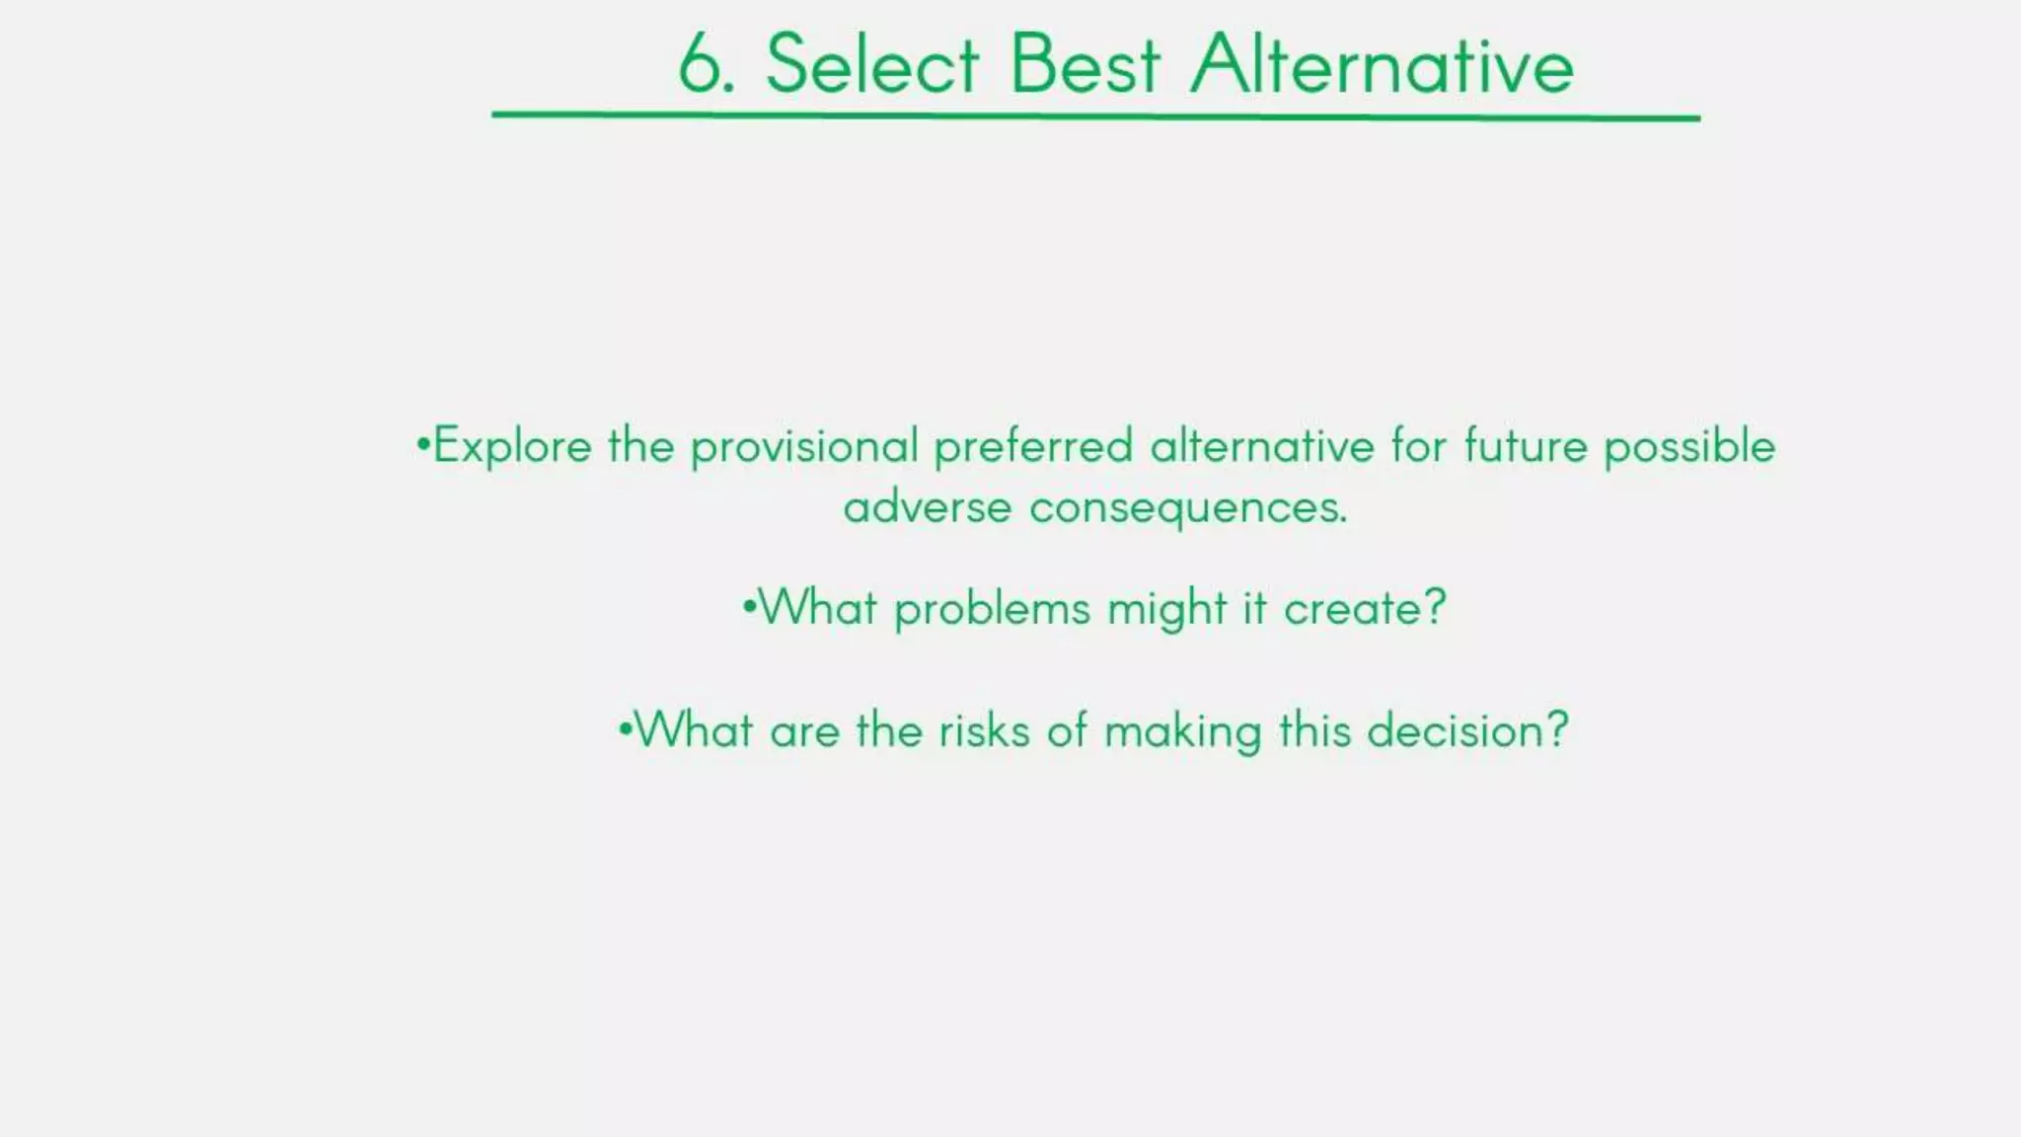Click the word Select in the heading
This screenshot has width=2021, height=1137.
(x=871, y=64)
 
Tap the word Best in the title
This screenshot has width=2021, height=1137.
(x=1085, y=64)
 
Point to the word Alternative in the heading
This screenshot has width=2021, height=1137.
(x=1382, y=64)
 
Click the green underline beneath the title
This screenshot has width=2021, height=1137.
(x=1095, y=116)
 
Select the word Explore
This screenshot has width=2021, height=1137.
(x=512, y=446)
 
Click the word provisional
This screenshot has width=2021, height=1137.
(x=804, y=446)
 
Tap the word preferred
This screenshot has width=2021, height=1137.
(x=1033, y=446)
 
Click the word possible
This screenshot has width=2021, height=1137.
(x=1689, y=446)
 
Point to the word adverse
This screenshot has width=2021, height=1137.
(x=928, y=507)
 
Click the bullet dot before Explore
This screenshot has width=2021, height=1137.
(x=422, y=443)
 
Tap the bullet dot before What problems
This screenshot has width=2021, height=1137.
(x=749, y=604)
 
